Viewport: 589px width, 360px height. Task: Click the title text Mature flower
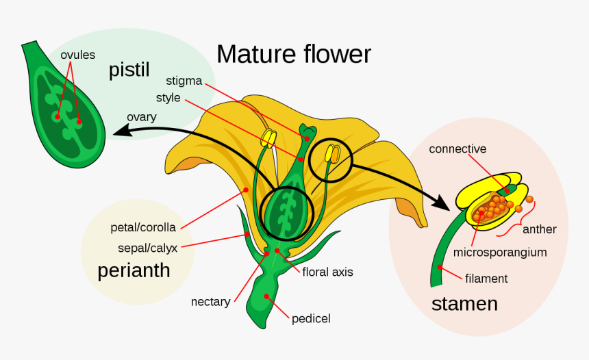(293, 54)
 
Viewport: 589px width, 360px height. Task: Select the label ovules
(77, 55)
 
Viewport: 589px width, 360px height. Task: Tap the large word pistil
(129, 70)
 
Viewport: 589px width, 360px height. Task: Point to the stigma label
(184, 81)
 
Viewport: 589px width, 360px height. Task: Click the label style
(168, 98)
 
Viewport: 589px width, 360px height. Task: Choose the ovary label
(141, 116)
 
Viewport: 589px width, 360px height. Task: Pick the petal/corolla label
(143, 227)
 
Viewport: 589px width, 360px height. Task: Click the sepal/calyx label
(147, 248)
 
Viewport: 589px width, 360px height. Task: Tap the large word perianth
(134, 270)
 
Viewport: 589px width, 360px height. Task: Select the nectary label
(210, 301)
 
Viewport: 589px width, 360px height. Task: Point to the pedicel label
(311, 318)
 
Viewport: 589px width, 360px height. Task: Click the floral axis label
(327, 272)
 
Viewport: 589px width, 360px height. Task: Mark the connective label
(458, 149)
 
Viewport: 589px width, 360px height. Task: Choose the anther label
(539, 229)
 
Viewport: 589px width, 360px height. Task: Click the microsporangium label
(500, 252)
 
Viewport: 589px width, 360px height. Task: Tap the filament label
(486, 279)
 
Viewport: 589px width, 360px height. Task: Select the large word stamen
(464, 303)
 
